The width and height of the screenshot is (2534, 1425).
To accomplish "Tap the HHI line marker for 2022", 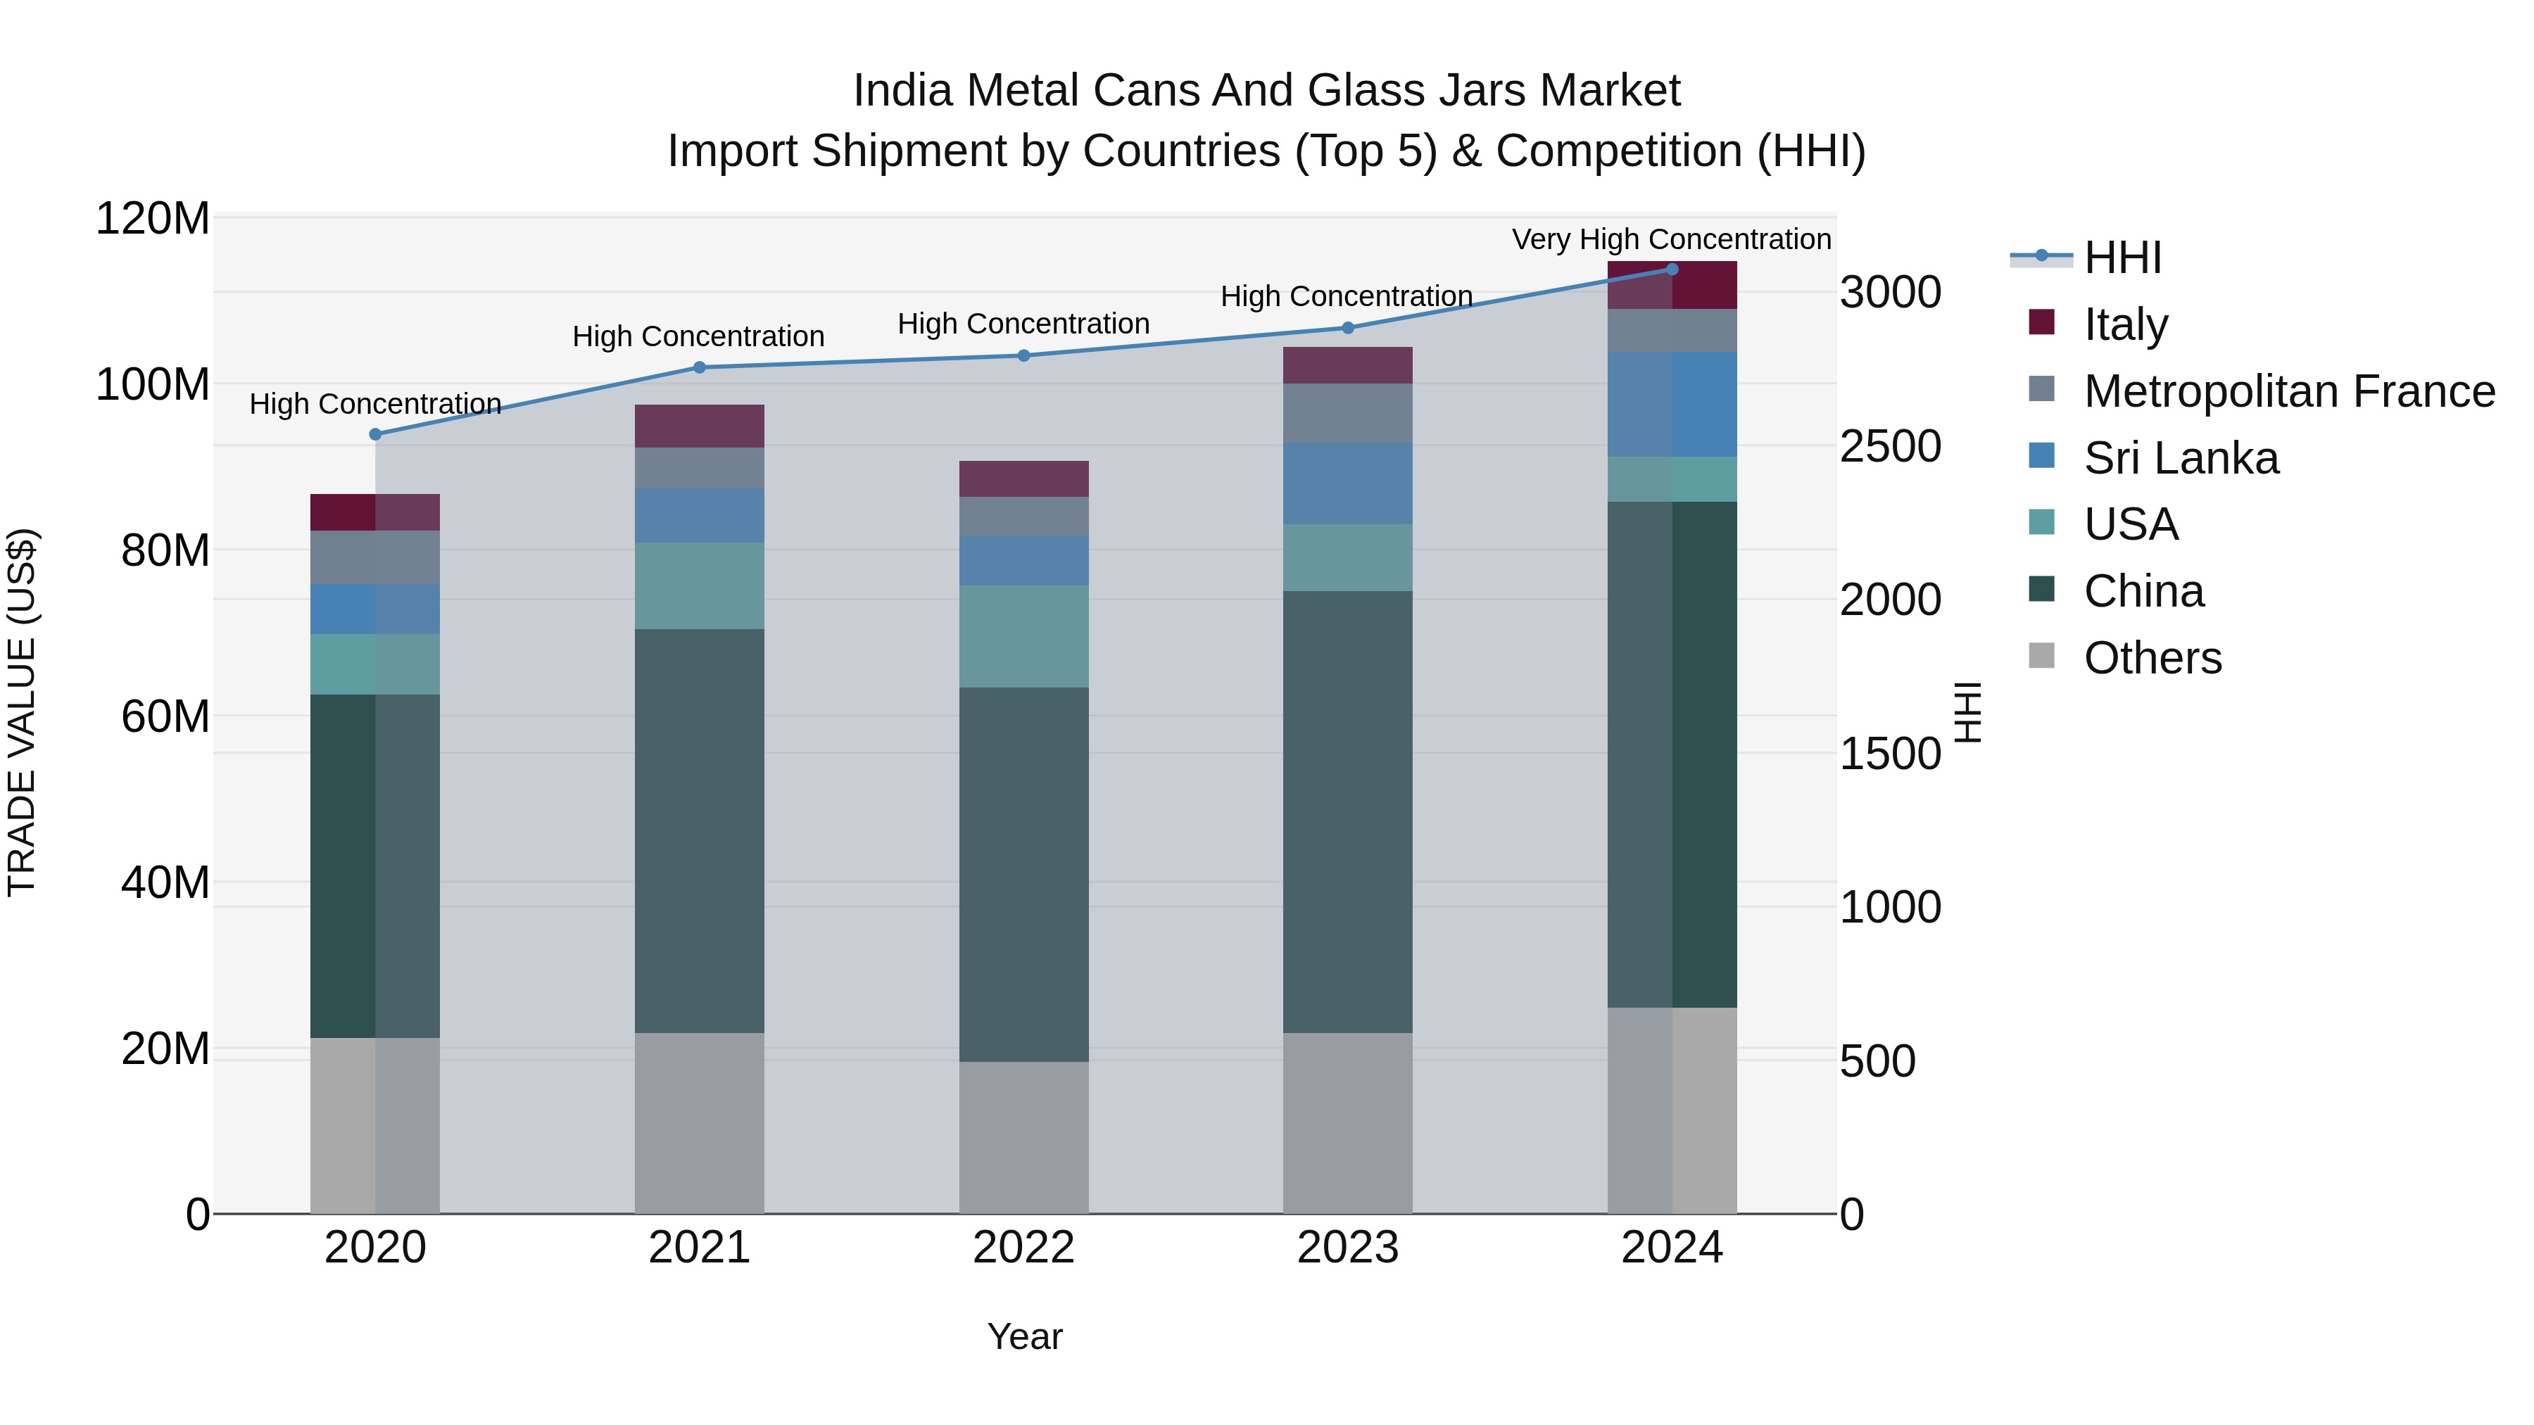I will click(x=1023, y=355).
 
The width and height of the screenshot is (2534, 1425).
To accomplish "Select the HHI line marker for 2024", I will click(x=1671, y=269).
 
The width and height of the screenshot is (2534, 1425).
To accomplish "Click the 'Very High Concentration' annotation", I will click(x=1670, y=239).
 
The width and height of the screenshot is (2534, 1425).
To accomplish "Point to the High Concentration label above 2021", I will click(x=698, y=336).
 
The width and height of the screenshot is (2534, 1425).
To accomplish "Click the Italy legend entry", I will click(x=2125, y=324).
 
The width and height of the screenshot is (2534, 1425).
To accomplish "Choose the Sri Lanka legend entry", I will click(x=2180, y=457).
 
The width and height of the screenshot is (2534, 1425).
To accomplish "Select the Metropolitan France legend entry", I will click(x=2288, y=391).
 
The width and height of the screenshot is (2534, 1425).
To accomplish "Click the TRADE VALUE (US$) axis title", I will click(x=22, y=712).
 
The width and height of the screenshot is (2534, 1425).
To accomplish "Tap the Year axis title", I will click(x=1024, y=1336).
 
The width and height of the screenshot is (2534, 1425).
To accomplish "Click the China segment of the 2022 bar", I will click(x=1023, y=873).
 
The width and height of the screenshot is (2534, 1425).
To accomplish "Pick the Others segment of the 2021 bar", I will click(x=698, y=1122).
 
